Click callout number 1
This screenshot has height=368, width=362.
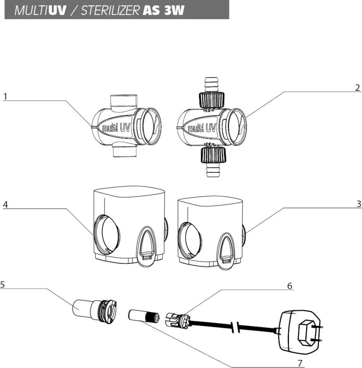click(x=6, y=96)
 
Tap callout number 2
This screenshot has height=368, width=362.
click(x=357, y=87)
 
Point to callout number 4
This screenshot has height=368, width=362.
click(x=5, y=204)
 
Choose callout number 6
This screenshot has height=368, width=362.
click(x=290, y=286)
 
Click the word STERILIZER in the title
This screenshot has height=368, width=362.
click(x=110, y=10)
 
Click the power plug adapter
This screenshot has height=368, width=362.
click(x=303, y=331)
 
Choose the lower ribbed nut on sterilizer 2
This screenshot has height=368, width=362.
click(x=213, y=155)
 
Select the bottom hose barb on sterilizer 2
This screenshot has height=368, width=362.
click(x=213, y=170)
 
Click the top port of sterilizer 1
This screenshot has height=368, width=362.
click(x=123, y=102)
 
